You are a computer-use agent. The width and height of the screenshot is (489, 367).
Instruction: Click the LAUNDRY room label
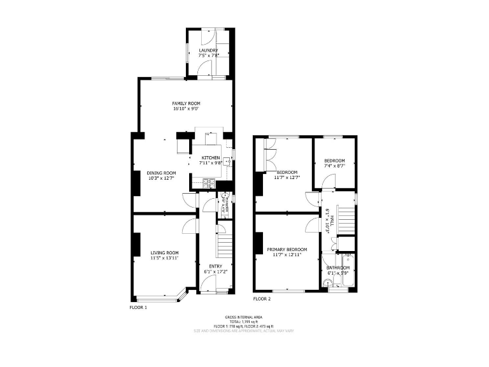(208, 50)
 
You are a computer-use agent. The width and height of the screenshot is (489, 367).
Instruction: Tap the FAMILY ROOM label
(186, 103)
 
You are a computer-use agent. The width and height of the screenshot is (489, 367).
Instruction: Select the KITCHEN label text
(211, 158)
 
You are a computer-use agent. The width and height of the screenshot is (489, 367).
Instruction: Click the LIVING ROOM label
(164, 252)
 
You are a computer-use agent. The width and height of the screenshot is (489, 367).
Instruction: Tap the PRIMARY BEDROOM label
(287, 249)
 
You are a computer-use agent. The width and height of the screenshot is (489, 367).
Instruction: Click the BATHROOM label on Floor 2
(338, 268)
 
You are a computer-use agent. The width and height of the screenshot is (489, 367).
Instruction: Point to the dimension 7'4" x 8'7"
(334, 166)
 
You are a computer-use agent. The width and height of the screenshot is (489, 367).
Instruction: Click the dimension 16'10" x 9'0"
(186, 108)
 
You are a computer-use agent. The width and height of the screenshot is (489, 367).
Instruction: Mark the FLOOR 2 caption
(262, 298)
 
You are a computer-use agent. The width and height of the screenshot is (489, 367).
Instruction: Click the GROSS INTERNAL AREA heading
(244, 317)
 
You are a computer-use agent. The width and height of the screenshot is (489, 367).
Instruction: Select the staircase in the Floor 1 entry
(222, 245)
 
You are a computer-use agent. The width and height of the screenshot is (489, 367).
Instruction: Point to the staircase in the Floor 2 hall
(344, 220)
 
